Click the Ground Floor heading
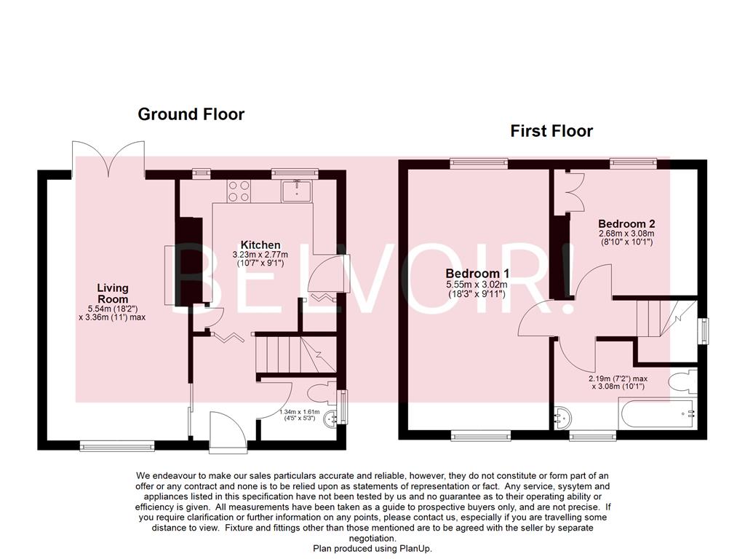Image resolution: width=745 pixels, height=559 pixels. pos(191,114)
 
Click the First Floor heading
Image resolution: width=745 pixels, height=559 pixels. pos(551,131)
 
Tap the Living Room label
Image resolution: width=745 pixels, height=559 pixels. pos(113,294)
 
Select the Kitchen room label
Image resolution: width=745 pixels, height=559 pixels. pos(260,245)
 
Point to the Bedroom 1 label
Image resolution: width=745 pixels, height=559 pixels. pos(477,273)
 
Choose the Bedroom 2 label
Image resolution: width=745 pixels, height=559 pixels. pos(626,223)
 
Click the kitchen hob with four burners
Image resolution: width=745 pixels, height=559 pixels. pos(239,191)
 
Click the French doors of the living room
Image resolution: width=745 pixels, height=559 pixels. pos(108,159)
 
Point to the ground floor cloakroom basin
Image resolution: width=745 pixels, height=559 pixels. pos(332,418)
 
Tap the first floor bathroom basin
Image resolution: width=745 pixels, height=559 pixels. pos(562,417)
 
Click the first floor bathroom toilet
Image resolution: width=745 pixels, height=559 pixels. pos(685,383)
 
